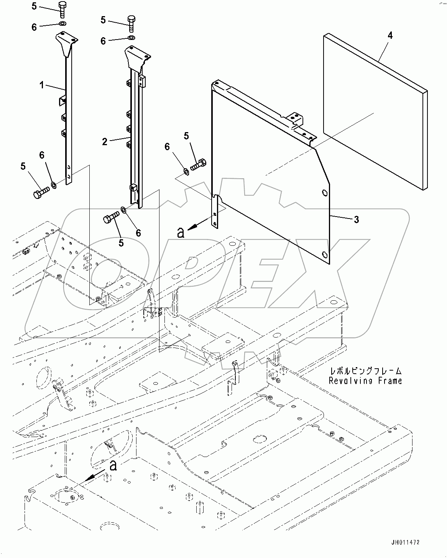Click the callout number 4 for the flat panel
(390, 36)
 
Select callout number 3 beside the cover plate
(356, 220)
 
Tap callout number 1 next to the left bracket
(42, 85)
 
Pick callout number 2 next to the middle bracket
(105, 141)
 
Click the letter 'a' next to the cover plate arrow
(181, 232)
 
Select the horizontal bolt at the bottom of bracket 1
(41, 191)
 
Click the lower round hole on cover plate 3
(325, 254)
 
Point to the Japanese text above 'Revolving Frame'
(365, 371)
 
